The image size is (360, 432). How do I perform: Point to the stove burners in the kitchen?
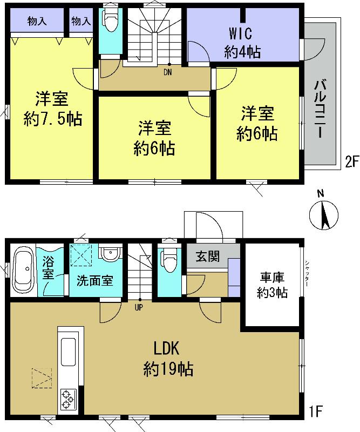tap(68, 399)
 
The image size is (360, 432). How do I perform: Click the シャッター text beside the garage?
tap(307, 269)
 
